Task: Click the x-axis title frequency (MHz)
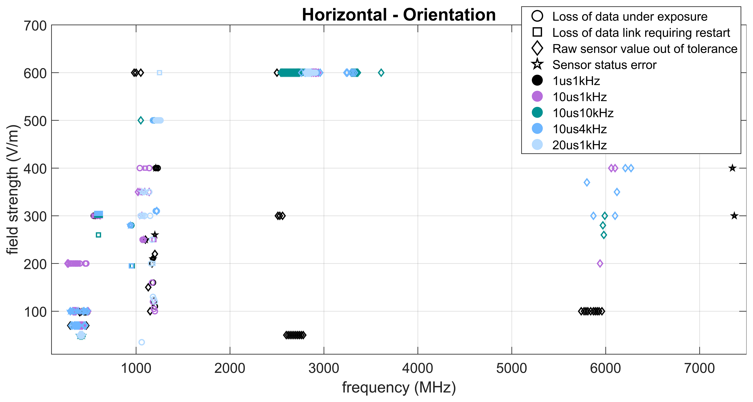399,387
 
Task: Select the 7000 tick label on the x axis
699,368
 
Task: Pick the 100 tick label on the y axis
35,312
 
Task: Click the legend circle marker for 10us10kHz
537,112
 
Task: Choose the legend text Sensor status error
604,65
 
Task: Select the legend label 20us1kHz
579,145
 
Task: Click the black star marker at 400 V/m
732,168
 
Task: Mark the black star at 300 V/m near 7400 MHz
734,216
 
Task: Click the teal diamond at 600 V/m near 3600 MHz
381,72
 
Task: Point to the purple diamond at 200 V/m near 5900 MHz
600,263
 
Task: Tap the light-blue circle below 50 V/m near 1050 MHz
141,342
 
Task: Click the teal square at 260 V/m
98,235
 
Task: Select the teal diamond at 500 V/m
141,120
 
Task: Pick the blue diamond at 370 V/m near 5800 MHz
587,183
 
